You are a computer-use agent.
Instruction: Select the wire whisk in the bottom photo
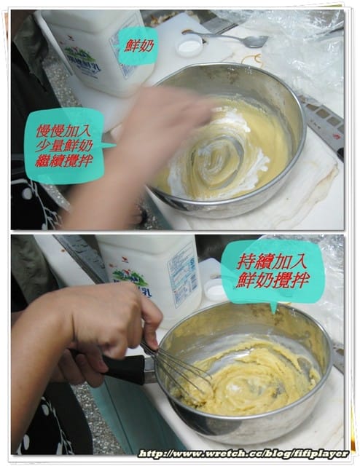pyautogui.click(x=179, y=371)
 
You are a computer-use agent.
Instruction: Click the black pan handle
pyautogui.click(x=120, y=368)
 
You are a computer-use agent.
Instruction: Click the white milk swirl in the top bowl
pyautogui.click(x=219, y=157)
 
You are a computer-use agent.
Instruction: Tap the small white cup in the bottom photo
pyautogui.click(x=215, y=289)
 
